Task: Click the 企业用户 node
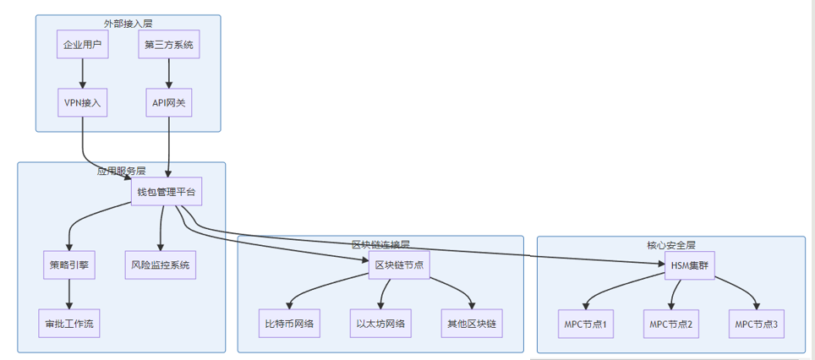point(83,46)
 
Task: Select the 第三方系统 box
point(169,46)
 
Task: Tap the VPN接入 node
point(83,103)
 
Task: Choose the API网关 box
point(169,103)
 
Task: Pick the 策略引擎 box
point(69,265)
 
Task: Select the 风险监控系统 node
point(161,265)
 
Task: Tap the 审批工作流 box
point(69,323)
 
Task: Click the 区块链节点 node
point(398,265)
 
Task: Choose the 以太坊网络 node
point(380,323)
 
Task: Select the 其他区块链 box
point(472,323)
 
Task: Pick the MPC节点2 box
point(671,323)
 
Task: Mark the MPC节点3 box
point(756,323)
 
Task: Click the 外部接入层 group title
point(128,23)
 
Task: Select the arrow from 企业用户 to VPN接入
point(83,74)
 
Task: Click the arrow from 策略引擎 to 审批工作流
point(69,294)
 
